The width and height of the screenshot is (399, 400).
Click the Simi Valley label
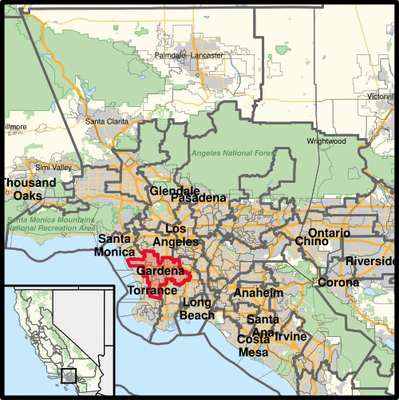click(x=53, y=168)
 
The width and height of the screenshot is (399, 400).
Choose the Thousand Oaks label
click(x=29, y=188)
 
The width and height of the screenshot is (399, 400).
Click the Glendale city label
click(x=174, y=192)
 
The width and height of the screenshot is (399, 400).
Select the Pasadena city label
click(x=199, y=198)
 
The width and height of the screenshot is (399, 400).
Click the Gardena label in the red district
click(x=162, y=271)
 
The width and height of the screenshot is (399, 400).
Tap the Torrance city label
click(x=152, y=291)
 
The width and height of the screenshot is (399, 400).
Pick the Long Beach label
click(x=198, y=309)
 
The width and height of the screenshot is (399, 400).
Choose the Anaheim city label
click(x=258, y=293)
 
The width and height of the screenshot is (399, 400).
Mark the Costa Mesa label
click(x=253, y=346)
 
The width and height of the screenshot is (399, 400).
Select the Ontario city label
click(x=328, y=233)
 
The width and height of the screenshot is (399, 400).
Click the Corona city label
click(x=338, y=283)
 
